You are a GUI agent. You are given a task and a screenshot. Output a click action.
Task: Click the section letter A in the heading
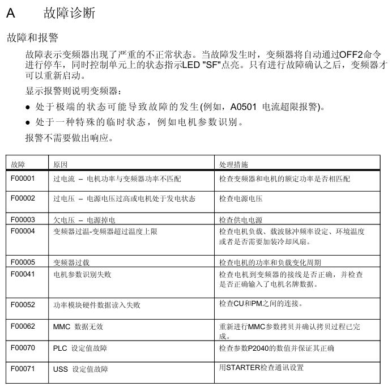10,13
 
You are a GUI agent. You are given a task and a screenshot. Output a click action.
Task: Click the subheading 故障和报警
32,37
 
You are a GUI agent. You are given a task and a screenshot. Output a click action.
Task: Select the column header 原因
61,164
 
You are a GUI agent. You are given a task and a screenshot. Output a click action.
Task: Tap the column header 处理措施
233,164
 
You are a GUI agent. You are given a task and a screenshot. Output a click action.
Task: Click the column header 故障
18,164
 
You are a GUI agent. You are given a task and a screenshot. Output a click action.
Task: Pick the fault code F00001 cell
23,178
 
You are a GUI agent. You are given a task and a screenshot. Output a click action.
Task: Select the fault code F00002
23,198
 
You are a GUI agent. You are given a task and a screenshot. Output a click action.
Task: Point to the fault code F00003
23,219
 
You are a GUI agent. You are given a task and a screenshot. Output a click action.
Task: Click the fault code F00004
23,231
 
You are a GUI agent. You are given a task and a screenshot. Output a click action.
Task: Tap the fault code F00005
23,262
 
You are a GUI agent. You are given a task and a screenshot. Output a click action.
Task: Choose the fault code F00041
23,274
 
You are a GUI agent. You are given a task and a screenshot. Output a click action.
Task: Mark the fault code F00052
23,305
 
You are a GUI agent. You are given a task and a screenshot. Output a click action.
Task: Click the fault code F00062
23,326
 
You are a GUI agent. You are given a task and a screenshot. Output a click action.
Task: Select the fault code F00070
23,347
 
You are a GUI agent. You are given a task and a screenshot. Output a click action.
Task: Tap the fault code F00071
23,369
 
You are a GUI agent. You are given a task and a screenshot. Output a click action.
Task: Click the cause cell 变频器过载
71,263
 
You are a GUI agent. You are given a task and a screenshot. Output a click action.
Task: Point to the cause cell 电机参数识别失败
82,275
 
